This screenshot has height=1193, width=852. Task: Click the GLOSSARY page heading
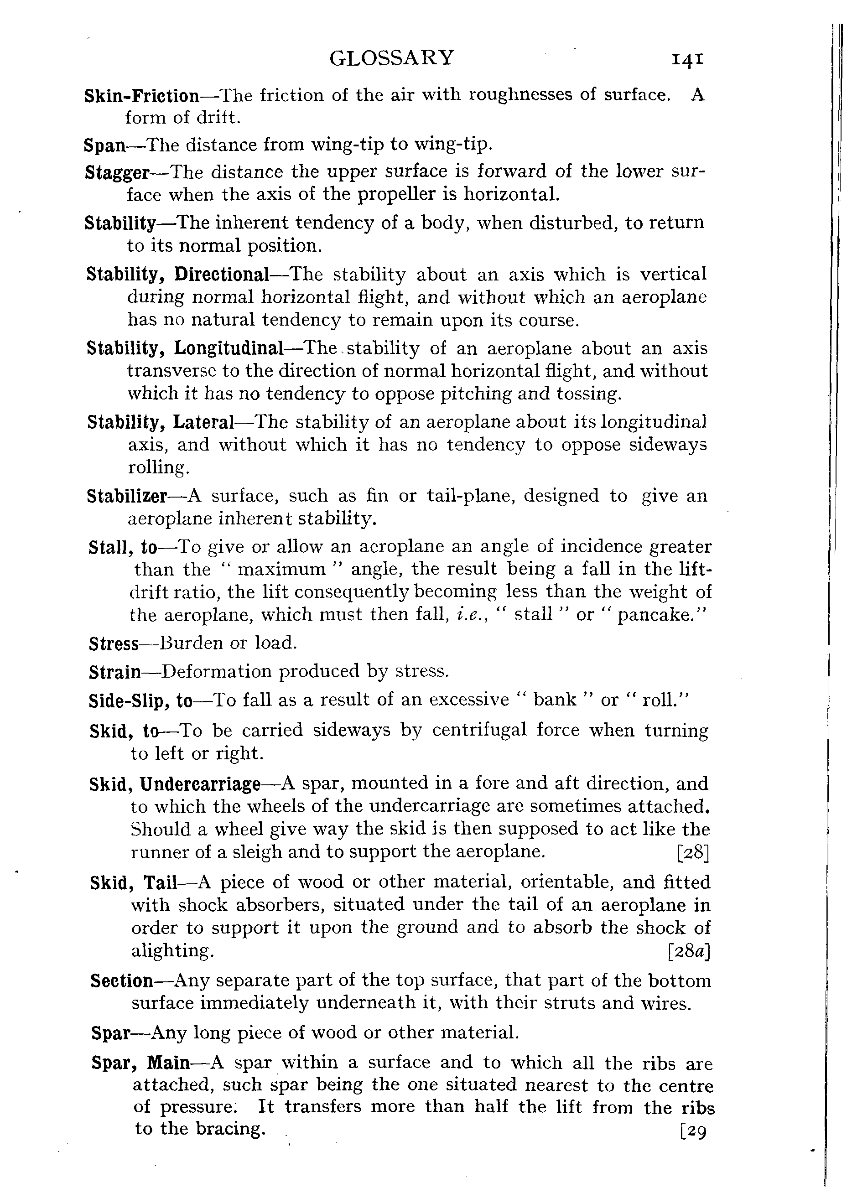coord(391,58)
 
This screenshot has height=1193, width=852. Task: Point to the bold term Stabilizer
coord(127,496)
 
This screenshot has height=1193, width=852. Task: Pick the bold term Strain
coord(115,672)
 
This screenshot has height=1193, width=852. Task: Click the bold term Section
coord(122,980)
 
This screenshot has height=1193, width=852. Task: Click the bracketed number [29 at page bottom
coord(693,1129)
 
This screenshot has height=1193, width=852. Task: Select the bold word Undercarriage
coord(201,784)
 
